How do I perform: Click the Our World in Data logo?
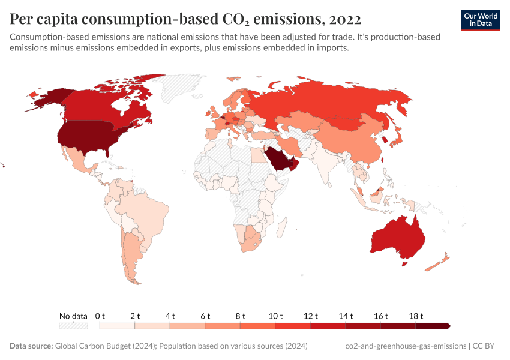tap(480, 20)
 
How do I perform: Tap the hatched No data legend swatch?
tap(73, 326)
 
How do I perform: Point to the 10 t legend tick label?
tap(275, 316)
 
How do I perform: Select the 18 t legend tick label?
tap(416, 316)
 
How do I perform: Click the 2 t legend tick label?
tap(135, 316)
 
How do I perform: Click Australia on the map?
tap(396, 240)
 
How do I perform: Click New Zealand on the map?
tap(438, 262)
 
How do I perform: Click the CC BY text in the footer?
tap(486, 346)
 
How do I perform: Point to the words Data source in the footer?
tap(31, 346)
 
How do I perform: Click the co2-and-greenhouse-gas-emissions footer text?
tap(406, 346)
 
